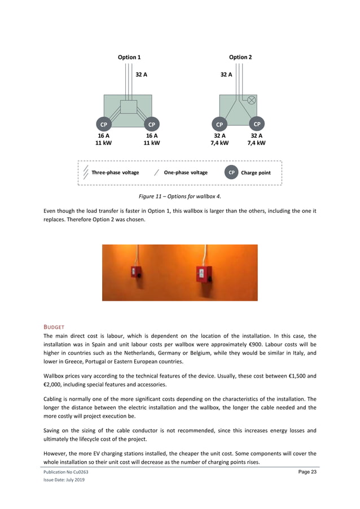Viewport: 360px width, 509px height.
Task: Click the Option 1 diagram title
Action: coord(129,57)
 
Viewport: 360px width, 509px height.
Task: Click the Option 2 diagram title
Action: coord(240,57)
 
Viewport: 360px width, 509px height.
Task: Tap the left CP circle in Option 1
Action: coord(104,124)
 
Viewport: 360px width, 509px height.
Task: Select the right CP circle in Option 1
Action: coord(151,124)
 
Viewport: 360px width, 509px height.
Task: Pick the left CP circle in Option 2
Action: coord(219,124)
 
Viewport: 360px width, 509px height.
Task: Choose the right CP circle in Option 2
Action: coord(257,124)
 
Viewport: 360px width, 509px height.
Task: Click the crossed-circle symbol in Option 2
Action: coord(252,100)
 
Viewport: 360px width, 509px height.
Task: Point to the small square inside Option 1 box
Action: coord(129,107)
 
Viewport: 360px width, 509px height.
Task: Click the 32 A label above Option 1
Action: coord(142,74)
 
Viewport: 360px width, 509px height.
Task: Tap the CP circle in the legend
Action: coord(231,173)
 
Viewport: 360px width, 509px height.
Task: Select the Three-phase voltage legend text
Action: coord(115,173)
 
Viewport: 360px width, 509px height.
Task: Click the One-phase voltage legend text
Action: coord(186,173)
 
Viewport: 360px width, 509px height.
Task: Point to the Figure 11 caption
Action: coord(180,196)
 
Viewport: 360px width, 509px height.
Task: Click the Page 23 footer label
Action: coord(307,472)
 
